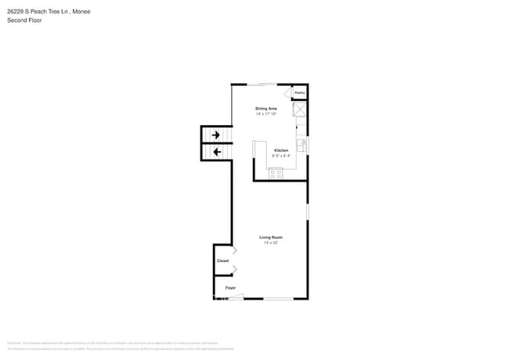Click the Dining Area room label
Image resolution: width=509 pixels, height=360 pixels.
pyautogui.click(x=266, y=108)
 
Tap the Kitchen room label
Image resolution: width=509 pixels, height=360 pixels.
pyautogui.click(x=281, y=150)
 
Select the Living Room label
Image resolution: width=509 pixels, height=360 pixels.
pyautogui.click(x=271, y=237)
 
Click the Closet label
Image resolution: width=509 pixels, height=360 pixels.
pyautogui.click(x=222, y=261)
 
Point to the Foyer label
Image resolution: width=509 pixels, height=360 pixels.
pyautogui.click(x=230, y=288)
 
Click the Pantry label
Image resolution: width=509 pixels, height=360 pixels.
pyautogui.click(x=299, y=92)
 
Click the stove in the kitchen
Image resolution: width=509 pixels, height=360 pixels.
pyautogui.click(x=276, y=173)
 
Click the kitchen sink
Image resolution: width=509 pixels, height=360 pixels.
pyautogui.click(x=301, y=145)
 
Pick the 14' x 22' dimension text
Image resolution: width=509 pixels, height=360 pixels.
pyautogui.click(x=271, y=243)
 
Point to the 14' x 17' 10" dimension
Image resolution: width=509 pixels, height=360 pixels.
pyautogui.click(x=266, y=114)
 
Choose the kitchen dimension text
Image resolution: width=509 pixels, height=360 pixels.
pyautogui.click(x=281, y=156)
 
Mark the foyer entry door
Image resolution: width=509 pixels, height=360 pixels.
pyautogui.click(x=235, y=297)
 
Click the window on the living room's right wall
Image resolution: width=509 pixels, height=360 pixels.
pyautogui.click(x=307, y=211)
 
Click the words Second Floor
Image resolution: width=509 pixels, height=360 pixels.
pyautogui.click(x=25, y=20)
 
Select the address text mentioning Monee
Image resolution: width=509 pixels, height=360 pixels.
pyautogui.click(x=47, y=11)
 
